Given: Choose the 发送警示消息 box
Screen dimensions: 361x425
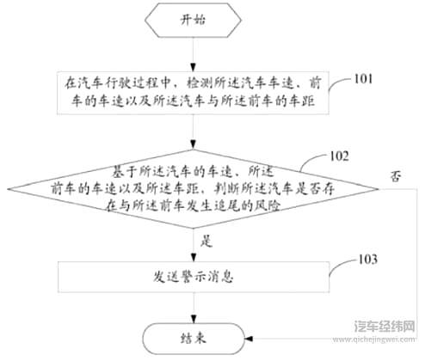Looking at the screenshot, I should pyautogui.click(x=194, y=278).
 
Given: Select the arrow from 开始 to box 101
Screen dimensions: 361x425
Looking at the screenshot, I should pyautogui.click(x=194, y=53).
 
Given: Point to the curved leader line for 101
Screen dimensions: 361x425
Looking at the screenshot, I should pyautogui.click(x=337, y=84).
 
